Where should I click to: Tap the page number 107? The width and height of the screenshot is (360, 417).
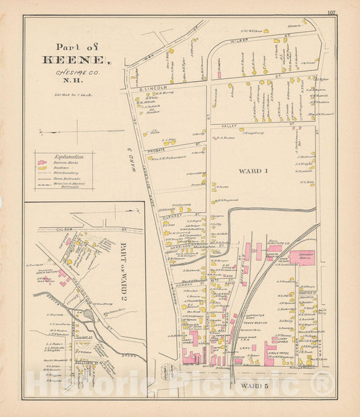pyautogui.click(x=331, y=12)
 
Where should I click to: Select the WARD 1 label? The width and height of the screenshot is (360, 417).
pyautogui.click(x=256, y=171)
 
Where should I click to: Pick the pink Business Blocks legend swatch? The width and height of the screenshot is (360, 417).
pyautogui.click(x=43, y=163)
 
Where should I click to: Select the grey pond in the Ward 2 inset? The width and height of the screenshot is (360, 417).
pyautogui.click(x=88, y=314)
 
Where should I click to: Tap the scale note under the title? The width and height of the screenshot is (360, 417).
pyautogui.click(x=67, y=95)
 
